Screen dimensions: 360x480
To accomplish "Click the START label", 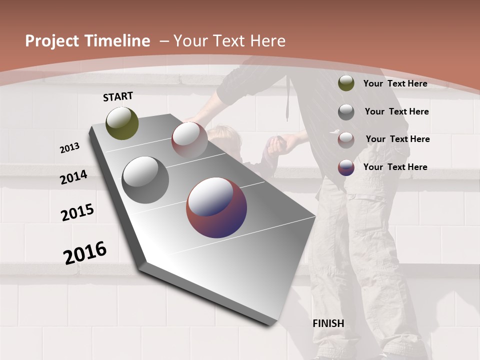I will [x=118, y=96].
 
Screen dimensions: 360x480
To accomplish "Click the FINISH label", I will [x=328, y=323].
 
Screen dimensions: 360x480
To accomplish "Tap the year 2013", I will [x=69, y=147].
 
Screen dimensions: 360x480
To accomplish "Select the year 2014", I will [x=73, y=177].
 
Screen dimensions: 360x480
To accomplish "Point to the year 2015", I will [x=77, y=212].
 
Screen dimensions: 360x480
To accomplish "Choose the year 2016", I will [x=85, y=252].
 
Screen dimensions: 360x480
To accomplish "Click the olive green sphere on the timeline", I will [x=122, y=123].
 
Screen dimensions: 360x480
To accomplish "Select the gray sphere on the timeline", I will [x=145, y=180].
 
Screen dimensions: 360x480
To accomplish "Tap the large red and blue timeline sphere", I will [x=216, y=207].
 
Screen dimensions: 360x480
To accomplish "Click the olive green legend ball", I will [x=346, y=83].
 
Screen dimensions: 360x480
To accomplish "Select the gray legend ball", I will [x=346, y=111].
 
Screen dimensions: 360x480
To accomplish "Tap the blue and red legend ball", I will [x=346, y=167].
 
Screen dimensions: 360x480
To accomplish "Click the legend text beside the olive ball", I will [x=395, y=83].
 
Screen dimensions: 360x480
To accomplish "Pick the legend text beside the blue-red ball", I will [x=395, y=167].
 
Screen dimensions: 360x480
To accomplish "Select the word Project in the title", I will [x=51, y=41].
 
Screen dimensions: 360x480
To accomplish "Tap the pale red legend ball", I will [x=346, y=140].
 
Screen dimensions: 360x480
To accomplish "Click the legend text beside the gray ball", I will [x=396, y=111].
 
